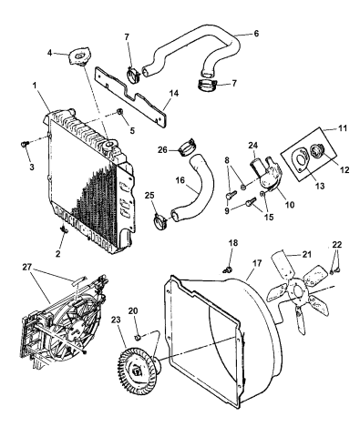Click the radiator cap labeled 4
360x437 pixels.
click(x=78, y=56)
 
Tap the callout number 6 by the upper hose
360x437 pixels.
click(x=256, y=34)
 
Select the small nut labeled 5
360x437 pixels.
click(x=119, y=113)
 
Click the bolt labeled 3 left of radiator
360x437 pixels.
click(x=26, y=143)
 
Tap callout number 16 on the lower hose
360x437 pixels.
click(x=180, y=180)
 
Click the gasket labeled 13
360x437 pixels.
click(x=300, y=161)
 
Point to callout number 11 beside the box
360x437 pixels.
click(x=342, y=128)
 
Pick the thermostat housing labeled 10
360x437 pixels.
click(x=266, y=176)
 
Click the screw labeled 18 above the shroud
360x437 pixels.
click(x=227, y=269)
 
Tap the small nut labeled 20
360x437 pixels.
click(x=138, y=338)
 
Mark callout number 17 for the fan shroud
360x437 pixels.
click(x=257, y=263)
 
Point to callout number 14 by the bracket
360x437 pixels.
click(x=174, y=93)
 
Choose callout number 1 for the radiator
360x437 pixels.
click(x=35, y=86)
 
